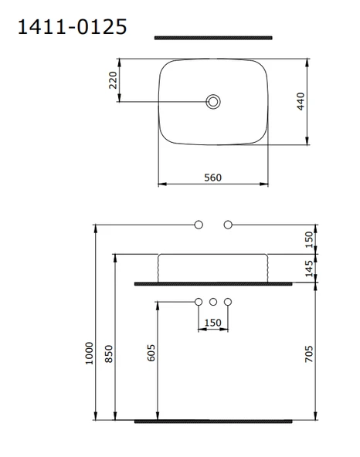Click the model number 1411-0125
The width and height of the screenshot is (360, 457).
tap(71, 27)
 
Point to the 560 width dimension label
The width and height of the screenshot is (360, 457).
tap(213, 178)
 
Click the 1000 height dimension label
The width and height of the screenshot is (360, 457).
tap(88, 354)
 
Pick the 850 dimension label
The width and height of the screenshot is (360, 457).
tap(110, 354)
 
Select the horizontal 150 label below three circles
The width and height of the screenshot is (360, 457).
tap(213, 322)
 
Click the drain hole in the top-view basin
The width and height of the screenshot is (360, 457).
tap(213, 101)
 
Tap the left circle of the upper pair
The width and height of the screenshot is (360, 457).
tap(199, 225)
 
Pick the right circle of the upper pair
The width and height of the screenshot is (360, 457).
tap(228, 225)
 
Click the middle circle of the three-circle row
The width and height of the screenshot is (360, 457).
tap(213, 301)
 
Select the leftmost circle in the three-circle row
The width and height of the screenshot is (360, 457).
tap(199, 301)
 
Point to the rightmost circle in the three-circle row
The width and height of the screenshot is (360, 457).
tap(228, 301)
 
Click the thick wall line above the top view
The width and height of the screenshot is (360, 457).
tap(213, 37)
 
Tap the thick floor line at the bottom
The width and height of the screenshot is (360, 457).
tap(213, 421)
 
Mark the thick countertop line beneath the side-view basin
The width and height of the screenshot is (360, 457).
tap(213, 284)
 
